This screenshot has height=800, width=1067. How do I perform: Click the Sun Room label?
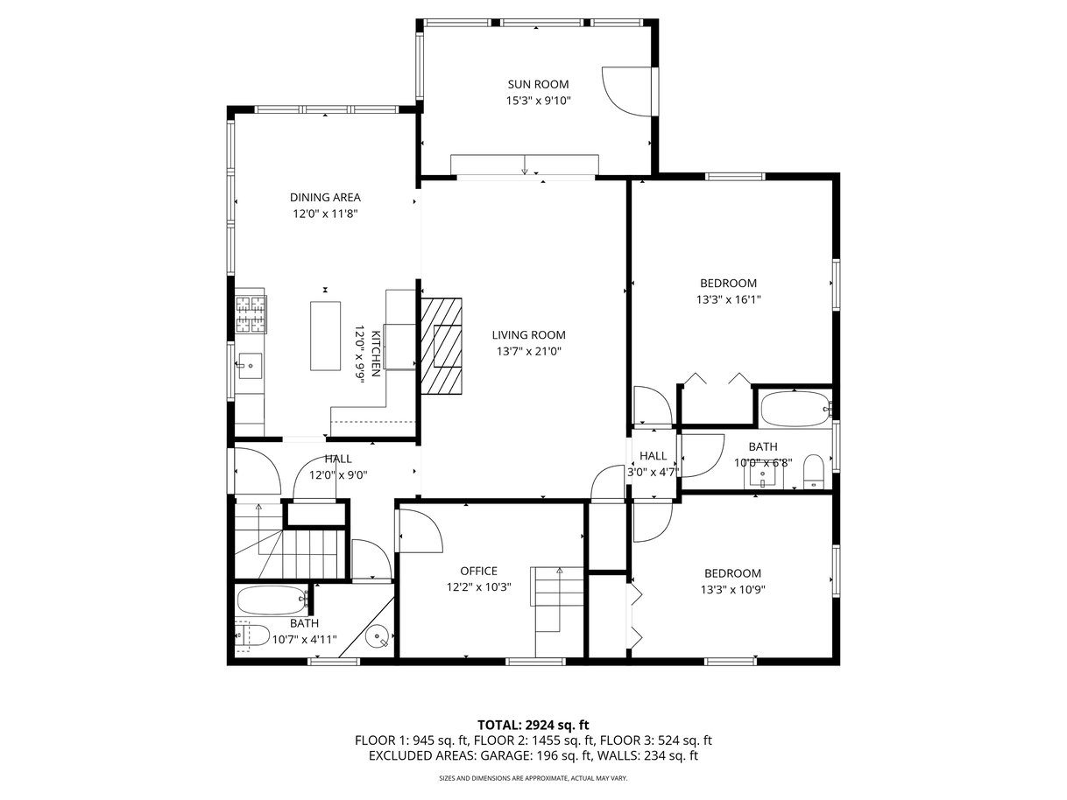coord(538,85)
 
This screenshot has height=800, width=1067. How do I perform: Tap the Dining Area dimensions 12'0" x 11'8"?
coord(325,214)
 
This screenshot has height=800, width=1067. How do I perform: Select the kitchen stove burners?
coord(251,315)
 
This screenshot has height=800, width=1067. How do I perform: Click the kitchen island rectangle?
coord(325,336)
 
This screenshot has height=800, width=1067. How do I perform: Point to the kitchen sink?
coord(249,366)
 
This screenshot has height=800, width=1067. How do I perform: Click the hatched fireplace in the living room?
coord(441,347)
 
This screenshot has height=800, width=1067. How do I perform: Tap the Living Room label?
coord(528,335)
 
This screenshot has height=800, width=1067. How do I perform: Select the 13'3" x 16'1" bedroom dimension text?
coord(728,299)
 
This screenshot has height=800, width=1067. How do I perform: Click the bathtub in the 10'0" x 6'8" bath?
coord(795,409)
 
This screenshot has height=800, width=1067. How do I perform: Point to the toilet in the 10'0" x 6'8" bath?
coord(813,471)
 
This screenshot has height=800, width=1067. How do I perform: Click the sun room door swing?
coord(626,91)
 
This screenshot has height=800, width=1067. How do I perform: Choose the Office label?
coord(478,572)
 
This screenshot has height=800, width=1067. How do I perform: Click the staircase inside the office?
coord(559,612)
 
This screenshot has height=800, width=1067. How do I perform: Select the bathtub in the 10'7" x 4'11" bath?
coord(272,600)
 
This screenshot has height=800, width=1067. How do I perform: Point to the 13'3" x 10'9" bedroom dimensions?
coord(732,590)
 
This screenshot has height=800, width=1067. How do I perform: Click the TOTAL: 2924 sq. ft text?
coord(533,726)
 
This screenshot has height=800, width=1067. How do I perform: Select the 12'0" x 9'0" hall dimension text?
coord(338,475)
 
